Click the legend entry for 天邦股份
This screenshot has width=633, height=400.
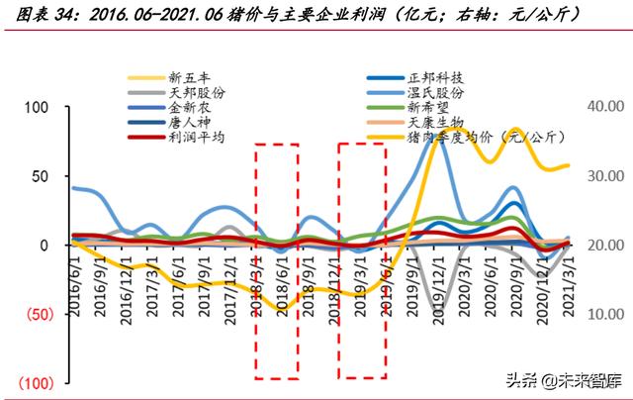[197, 92]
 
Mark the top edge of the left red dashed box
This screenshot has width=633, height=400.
[277, 145]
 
